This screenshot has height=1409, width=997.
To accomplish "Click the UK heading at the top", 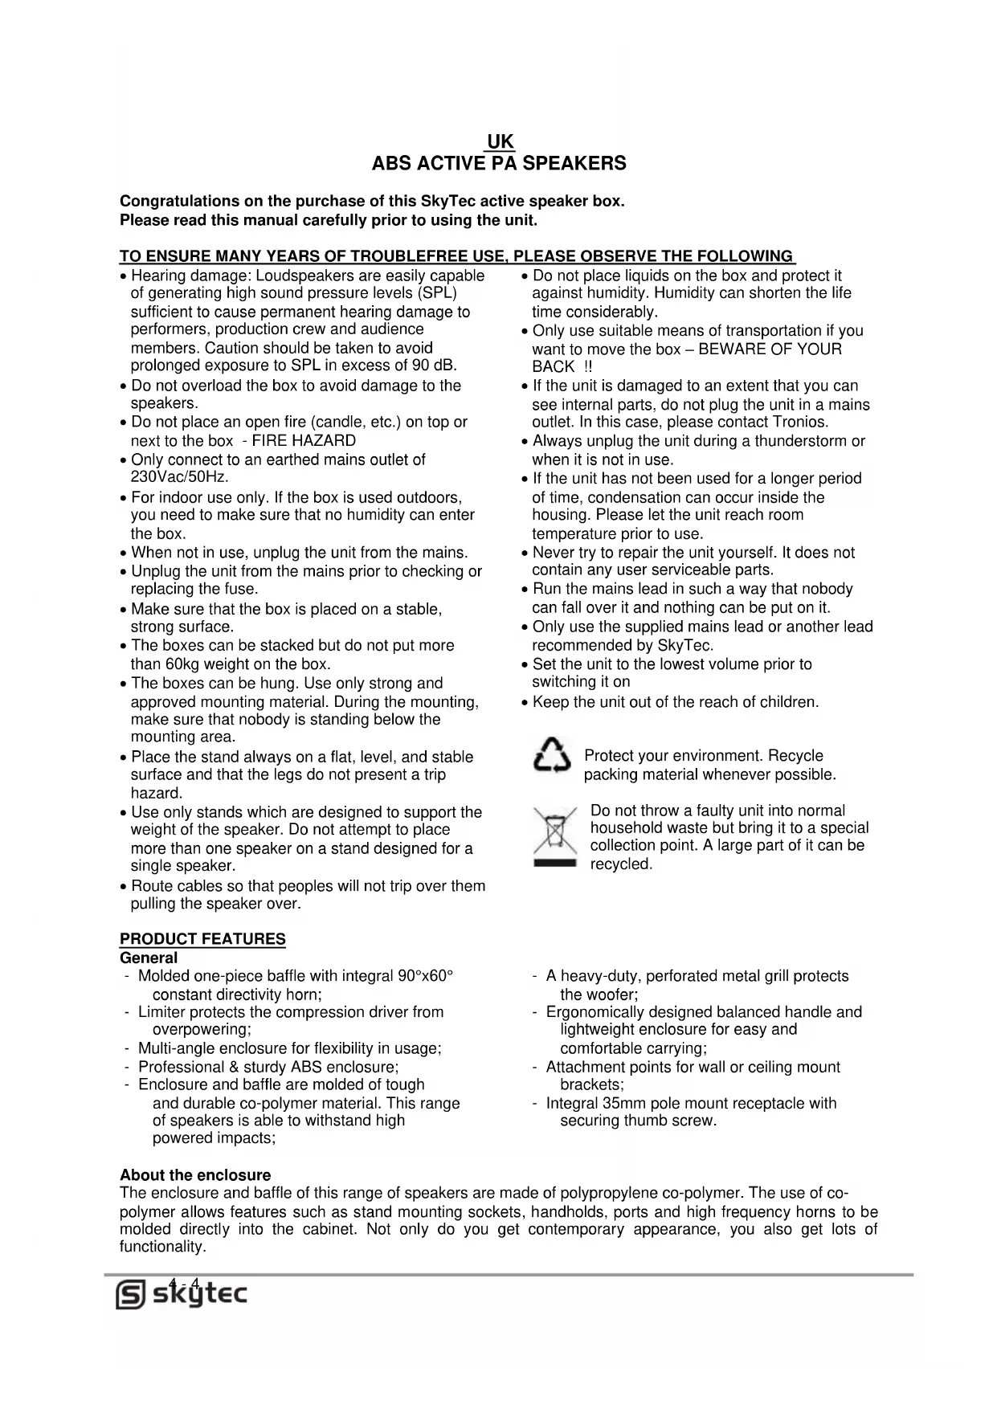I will [x=500, y=142].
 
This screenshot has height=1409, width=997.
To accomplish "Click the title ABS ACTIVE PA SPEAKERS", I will [x=499, y=164].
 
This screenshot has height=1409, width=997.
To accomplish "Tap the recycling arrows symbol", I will [x=552, y=758].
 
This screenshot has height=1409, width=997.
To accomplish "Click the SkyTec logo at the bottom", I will [x=182, y=1294].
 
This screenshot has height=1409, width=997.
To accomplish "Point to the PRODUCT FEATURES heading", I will [x=202, y=939].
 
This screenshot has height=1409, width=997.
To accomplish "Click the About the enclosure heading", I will [x=195, y=1175].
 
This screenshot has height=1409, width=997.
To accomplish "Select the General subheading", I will [x=149, y=958].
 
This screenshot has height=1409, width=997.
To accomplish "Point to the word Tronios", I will [x=799, y=423].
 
